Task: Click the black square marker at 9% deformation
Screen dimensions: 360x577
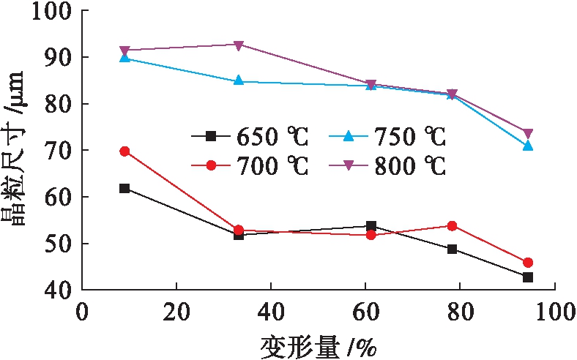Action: [x=124, y=188]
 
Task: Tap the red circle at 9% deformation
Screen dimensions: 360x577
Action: [x=124, y=151]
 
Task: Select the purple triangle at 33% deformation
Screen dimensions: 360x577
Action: [x=238, y=45]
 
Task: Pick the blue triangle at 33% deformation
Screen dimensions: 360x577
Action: [x=238, y=80]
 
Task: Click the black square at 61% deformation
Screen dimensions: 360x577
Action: [x=371, y=226]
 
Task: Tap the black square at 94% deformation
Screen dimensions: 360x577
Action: [x=527, y=277]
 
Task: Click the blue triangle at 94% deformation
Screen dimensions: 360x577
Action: [x=527, y=146]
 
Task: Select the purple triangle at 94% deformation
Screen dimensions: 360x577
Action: [x=527, y=133]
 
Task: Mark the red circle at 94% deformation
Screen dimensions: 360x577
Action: [x=527, y=263]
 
